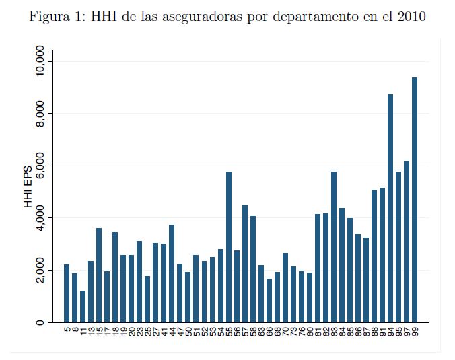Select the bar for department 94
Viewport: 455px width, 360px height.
tap(390, 209)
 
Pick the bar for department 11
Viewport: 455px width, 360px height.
tap(83, 306)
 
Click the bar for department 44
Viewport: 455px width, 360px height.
tap(172, 273)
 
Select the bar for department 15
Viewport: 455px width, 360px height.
tap(99, 275)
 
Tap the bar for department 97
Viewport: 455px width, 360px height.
tap(407, 242)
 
